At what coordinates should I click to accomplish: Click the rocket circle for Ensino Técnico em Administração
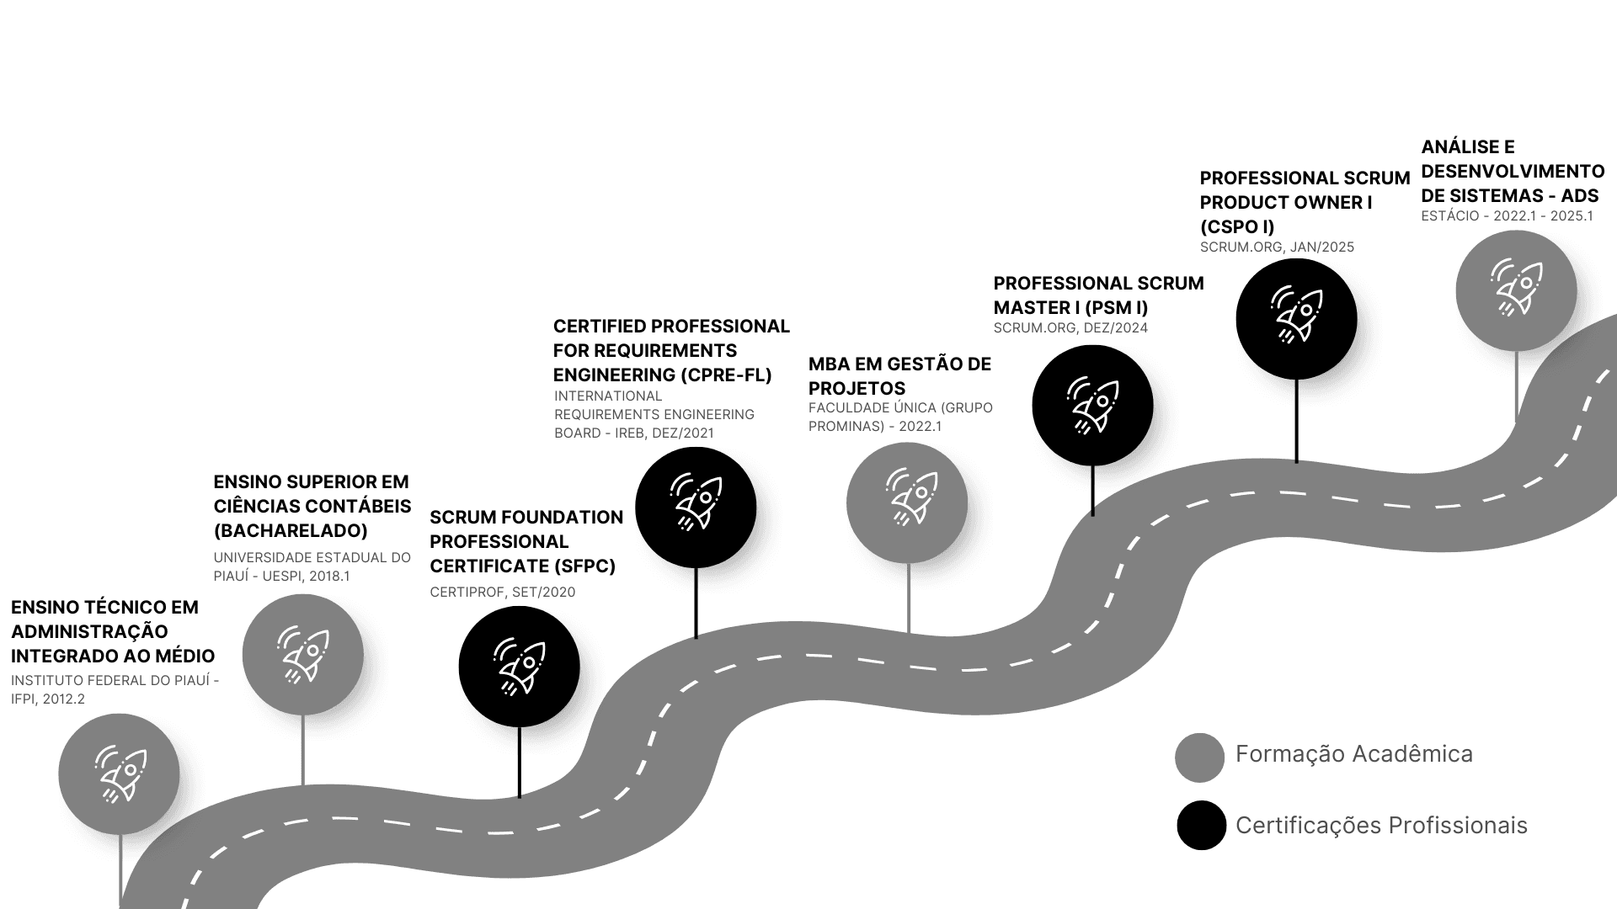(x=119, y=774)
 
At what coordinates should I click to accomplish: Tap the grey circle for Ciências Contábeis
(x=302, y=655)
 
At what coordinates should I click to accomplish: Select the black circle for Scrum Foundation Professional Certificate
(x=519, y=667)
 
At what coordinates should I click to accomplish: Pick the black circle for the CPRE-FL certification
(x=696, y=508)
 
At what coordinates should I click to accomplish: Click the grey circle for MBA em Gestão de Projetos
(x=907, y=503)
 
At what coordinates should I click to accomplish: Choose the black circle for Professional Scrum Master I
(x=1092, y=406)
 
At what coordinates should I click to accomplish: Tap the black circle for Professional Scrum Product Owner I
(x=1296, y=319)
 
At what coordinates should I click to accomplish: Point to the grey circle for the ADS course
(x=1516, y=290)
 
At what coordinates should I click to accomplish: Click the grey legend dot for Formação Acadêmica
(x=1199, y=757)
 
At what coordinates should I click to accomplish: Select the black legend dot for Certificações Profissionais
(x=1201, y=825)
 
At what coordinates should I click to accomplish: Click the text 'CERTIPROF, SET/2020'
(x=503, y=593)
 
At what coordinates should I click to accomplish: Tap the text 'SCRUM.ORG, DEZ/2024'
(x=1070, y=328)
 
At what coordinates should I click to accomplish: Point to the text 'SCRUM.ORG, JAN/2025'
(x=1277, y=247)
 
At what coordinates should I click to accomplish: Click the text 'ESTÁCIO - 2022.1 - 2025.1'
(x=1508, y=216)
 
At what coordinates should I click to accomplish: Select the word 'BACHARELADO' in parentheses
(x=291, y=531)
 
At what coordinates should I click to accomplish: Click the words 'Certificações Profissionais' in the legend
(x=1381, y=826)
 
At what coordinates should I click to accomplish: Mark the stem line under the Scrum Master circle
(x=1092, y=490)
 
